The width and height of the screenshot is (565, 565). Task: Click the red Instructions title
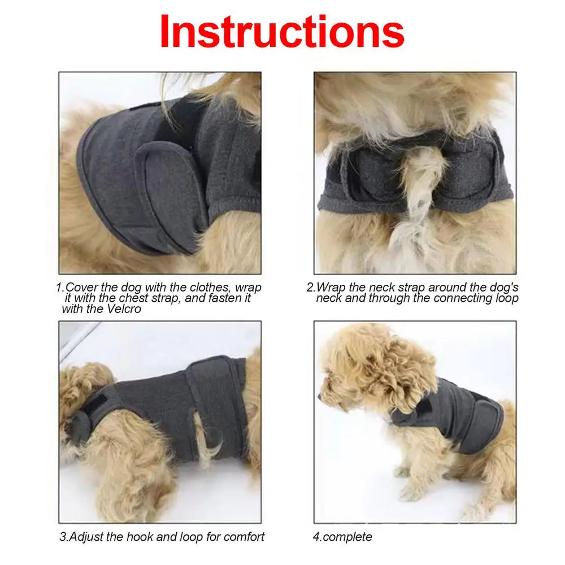pos(281,32)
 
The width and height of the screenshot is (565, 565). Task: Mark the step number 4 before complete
pos(316,536)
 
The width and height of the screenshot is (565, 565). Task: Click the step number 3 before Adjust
pos(63,536)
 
